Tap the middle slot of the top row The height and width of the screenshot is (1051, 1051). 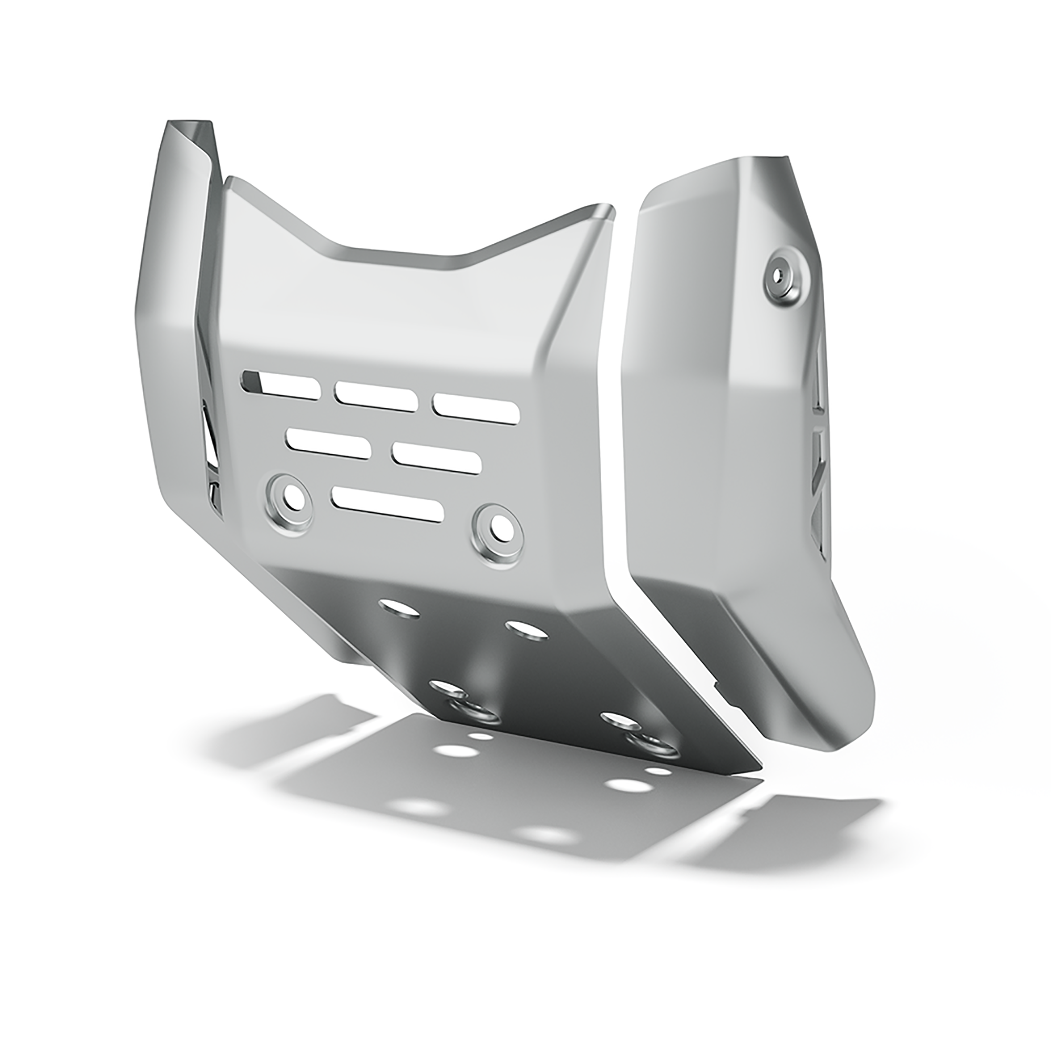click(x=376, y=396)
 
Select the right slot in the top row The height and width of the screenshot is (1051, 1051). click(x=476, y=408)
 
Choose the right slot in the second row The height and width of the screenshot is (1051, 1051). click(x=436, y=458)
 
